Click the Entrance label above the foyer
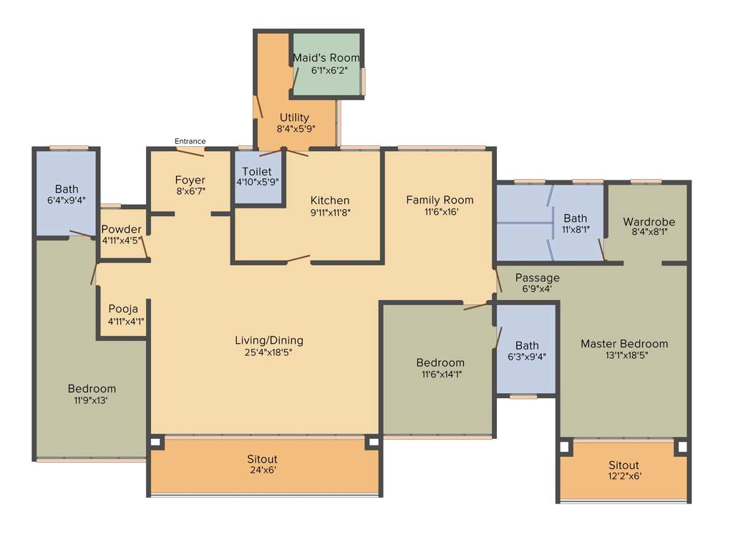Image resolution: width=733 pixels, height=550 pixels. pos(190,141)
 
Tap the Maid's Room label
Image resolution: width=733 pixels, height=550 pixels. pos(326,57)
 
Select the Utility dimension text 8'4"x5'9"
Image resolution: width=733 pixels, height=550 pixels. pos(296,130)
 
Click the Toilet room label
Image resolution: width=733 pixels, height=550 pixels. pos(256,171)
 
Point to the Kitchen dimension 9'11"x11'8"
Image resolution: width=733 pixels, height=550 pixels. pos(330,212)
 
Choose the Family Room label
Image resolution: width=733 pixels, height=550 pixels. pos(440,200)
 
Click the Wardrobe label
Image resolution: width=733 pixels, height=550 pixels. pos(649,221)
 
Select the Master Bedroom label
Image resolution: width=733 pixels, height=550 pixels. pos(623,344)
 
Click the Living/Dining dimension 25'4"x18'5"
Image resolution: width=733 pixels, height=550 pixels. pos(269,352)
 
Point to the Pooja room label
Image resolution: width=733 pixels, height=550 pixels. pos(123,309)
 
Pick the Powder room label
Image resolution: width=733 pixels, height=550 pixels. pos(121,229)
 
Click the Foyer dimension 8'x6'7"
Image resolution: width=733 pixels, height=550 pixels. pos(190,192)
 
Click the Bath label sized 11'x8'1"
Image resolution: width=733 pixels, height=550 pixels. pos(575,218)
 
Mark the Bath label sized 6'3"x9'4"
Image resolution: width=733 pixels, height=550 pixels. pos(527,345)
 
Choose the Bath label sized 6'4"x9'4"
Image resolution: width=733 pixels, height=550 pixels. pos(67,189)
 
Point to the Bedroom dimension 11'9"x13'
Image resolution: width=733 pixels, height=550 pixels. pos(92,400)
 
